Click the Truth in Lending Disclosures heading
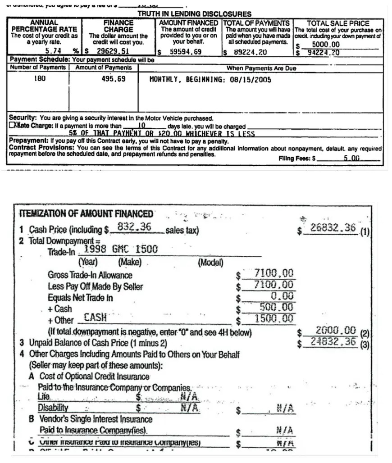[x=194, y=14]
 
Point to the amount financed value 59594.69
[x=186, y=52]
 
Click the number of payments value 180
[x=40, y=78]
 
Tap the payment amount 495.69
[x=114, y=78]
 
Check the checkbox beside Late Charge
[x=13, y=127]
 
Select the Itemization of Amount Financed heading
[x=86, y=213]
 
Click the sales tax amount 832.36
[x=134, y=227]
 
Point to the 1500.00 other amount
[x=274, y=319]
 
